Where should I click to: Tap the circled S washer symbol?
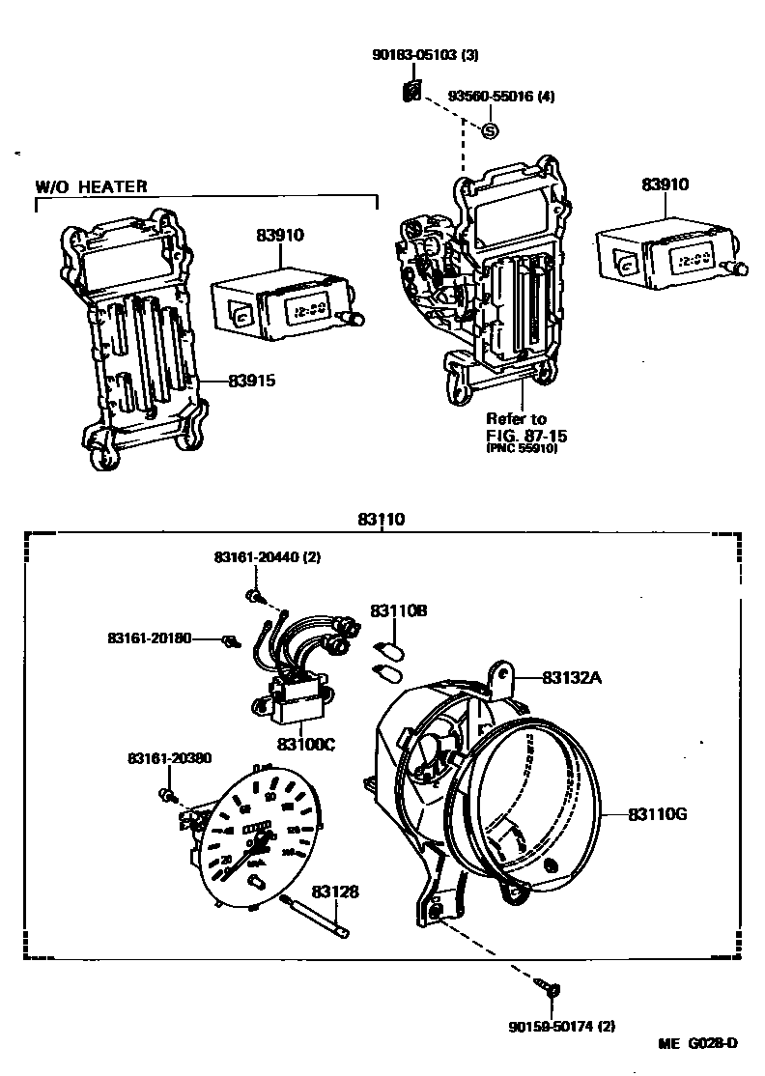[x=490, y=129]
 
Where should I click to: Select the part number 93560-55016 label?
[x=500, y=97]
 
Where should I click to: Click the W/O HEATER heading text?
[x=92, y=186]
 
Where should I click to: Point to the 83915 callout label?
[x=252, y=381]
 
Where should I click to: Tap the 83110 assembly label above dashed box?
[x=381, y=519]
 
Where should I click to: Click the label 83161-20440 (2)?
[x=267, y=558]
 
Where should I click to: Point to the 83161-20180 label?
[x=150, y=638]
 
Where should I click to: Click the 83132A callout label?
[x=572, y=678]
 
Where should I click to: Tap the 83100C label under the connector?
[x=306, y=744]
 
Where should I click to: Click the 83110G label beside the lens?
[x=657, y=814]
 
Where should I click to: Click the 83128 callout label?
[x=334, y=892]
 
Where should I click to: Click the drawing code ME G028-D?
[x=698, y=1044]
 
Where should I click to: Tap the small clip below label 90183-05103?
[x=411, y=92]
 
